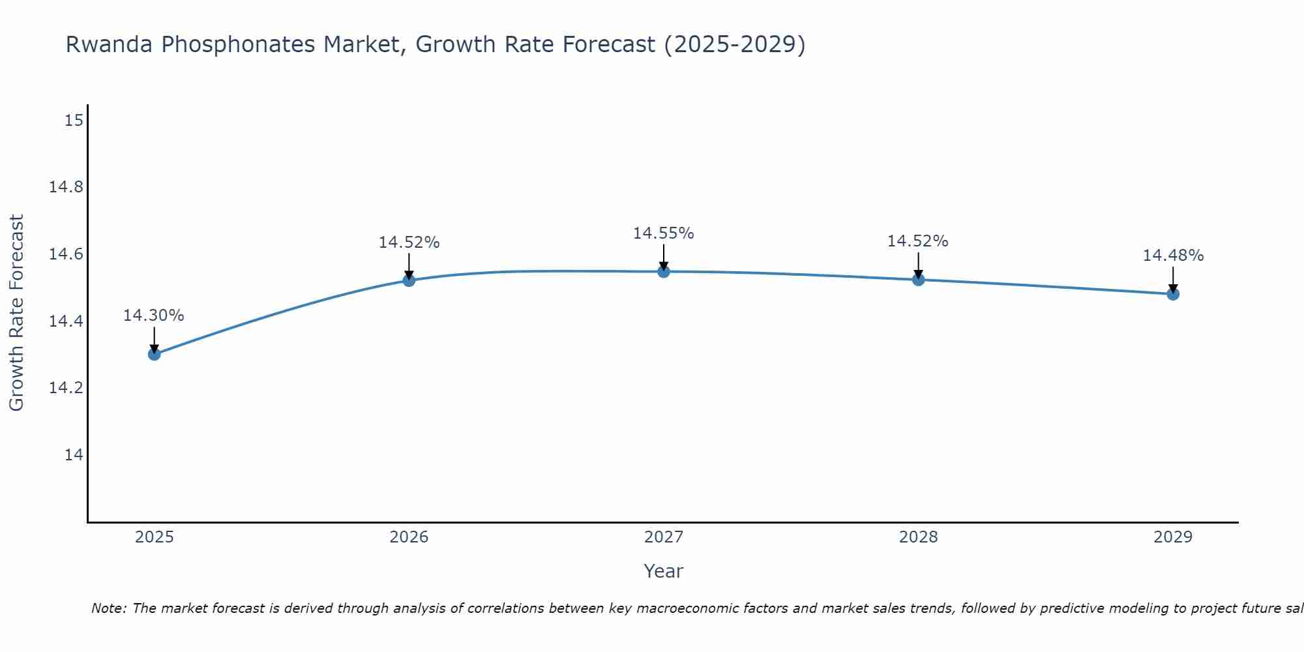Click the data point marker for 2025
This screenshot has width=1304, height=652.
[155, 354]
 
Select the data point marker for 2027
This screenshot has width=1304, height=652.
[664, 271]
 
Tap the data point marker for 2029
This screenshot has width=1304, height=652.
[1173, 294]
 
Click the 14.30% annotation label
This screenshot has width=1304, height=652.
[154, 316]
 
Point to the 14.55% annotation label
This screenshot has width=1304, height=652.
[664, 233]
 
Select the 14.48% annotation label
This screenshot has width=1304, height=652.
[1173, 256]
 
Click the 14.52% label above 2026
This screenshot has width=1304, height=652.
[409, 243]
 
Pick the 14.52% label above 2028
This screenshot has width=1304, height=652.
[918, 241]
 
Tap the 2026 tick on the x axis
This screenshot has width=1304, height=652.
[409, 537]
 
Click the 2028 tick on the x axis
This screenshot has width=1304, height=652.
[918, 537]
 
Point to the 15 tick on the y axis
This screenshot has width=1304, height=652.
[74, 121]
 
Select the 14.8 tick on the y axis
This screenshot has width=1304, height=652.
[67, 188]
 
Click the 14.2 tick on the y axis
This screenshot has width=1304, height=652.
[67, 388]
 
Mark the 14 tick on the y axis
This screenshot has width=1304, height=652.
[74, 454]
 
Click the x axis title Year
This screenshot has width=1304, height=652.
[664, 571]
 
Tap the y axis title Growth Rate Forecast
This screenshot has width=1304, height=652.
[16, 312]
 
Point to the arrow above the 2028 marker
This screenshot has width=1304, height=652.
[918, 266]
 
